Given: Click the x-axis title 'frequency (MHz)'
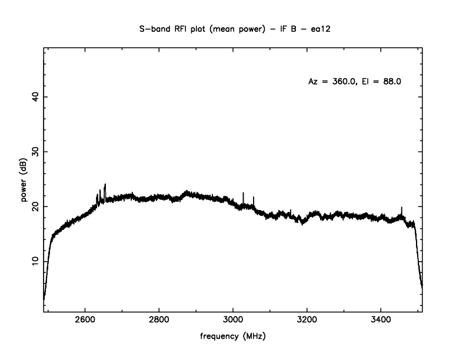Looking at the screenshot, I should point(233,338).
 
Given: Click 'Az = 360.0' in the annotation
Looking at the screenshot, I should point(332,82).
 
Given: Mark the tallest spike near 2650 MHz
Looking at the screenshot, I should point(105,185).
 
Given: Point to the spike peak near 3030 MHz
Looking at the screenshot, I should point(243,193).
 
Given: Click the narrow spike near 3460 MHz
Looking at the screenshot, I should point(402,208).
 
